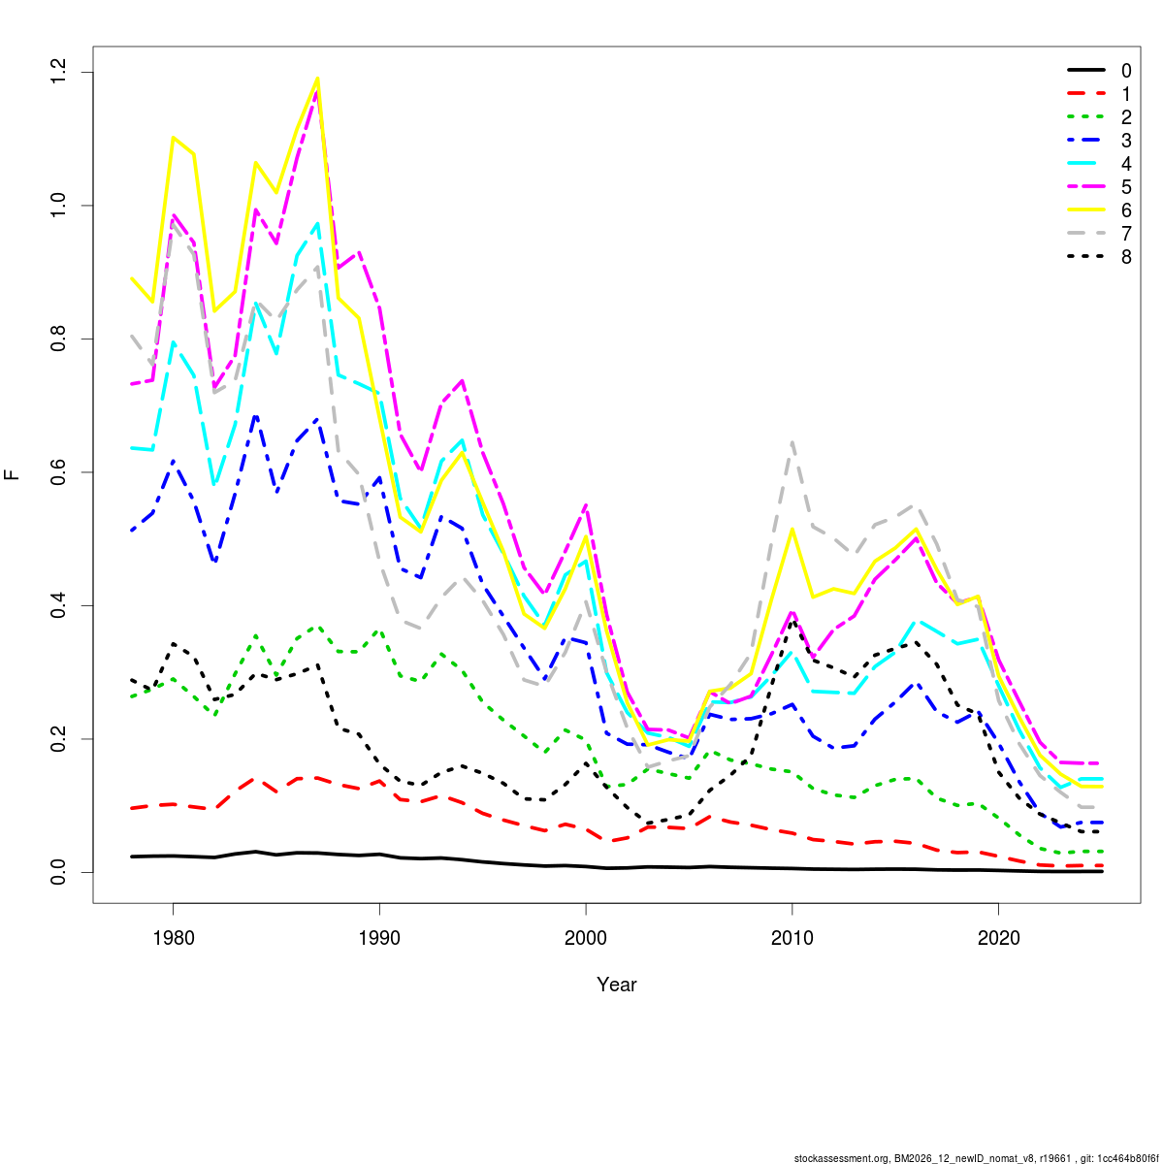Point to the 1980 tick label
point(173,938)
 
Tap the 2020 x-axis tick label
point(999,938)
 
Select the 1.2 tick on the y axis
point(59,73)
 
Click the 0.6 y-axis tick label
point(59,472)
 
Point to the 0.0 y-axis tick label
point(59,872)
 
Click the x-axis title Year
point(617,985)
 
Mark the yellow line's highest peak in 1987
point(317,79)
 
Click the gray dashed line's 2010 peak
point(792,442)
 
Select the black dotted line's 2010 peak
point(792,622)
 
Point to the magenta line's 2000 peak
point(586,505)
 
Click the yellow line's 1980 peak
point(173,138)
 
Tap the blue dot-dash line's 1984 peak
point(255,416)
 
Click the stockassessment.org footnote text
point(976,1157)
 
